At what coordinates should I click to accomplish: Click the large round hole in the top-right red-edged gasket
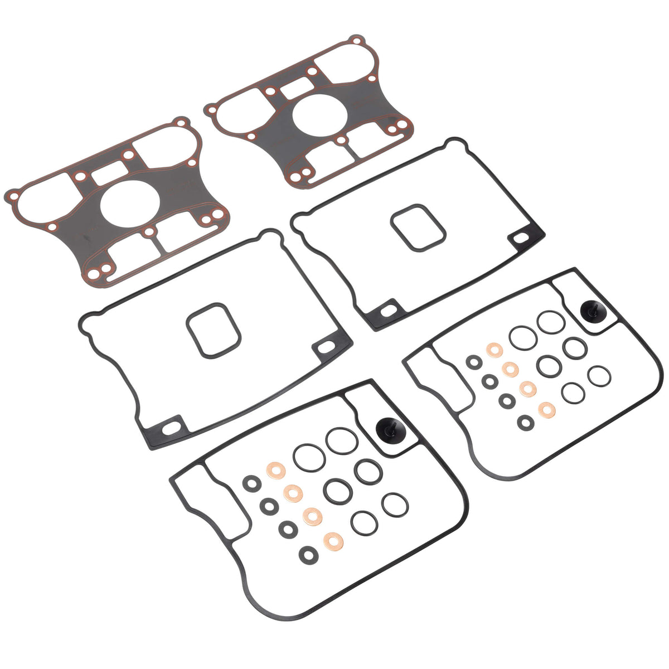(x=321, y=114)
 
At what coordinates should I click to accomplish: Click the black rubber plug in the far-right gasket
(x=591, y=312)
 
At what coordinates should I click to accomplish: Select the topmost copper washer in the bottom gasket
(x=275, y=470)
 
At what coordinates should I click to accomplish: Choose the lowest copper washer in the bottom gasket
(x=333, y=539)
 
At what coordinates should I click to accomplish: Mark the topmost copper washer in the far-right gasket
(x=494, y=350)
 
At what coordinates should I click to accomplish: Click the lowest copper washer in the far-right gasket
(x=546, y=410)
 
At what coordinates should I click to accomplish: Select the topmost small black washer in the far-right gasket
(x=474, y=362)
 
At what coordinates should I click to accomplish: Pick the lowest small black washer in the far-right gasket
(x=525, y=422)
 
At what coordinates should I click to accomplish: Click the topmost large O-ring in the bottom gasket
(x=342, y=440)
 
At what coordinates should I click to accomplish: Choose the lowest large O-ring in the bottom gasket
(x=365, y=522)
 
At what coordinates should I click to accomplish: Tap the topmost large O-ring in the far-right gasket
(x=550, y=322)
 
